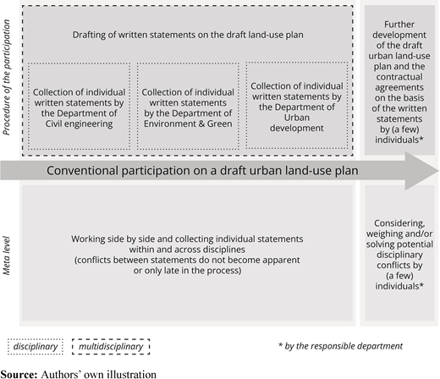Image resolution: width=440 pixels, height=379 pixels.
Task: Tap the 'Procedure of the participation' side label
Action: coord(7,77)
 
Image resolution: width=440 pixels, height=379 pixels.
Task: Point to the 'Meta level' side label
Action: coord(7,255)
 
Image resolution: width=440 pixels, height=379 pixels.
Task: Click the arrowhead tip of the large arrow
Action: coord(438,171)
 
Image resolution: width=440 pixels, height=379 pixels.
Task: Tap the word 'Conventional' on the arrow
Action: coord(82,171)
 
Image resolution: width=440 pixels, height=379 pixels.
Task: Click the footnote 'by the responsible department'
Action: coord(344,346)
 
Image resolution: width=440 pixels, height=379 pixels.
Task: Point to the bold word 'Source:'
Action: coord(19,374)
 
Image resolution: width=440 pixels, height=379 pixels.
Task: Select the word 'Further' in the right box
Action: coord(399,25)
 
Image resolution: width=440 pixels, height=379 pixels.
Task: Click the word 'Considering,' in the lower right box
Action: coord(399,223)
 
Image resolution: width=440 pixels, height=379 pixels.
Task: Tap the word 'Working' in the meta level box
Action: coord(87,239)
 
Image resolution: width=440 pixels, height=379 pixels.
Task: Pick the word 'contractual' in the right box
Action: coord(399,77)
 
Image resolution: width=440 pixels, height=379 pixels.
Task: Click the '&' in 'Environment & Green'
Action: coord(201,124)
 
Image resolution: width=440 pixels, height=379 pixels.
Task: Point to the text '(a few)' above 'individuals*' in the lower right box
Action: coord(399,276)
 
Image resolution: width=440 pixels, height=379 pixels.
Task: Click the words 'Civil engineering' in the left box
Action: coord(79,124)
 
